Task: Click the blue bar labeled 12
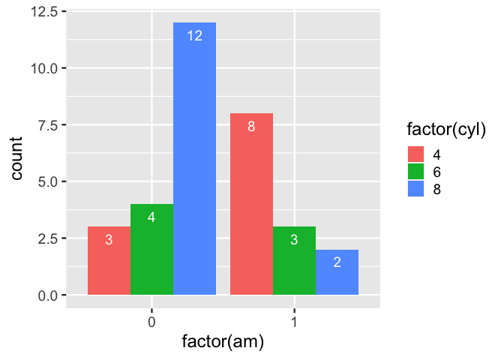coord(194,158)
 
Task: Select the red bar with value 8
coord(251,204)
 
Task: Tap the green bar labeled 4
coord(151,249)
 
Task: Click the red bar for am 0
coord(109,260)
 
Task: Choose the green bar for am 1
coord(294,260)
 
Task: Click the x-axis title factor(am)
coord(223,342)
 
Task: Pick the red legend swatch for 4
coord(416,154)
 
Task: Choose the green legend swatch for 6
coord(416,171)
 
